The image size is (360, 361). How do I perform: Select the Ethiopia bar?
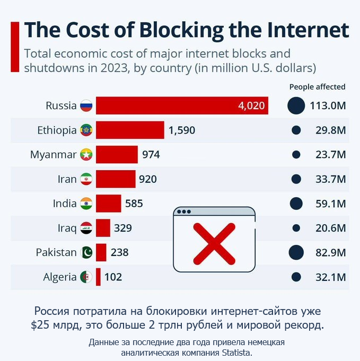tap(130, 130)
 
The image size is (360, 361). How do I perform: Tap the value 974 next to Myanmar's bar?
tap(151, 154)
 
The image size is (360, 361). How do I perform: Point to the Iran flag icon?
tap(86, 179)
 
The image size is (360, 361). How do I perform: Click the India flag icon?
tap(86, 204)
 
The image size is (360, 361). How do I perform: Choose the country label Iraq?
tap(67, 228)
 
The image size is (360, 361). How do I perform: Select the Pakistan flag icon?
tap(86, 252)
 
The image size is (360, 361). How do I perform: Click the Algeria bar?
tap(98, 277)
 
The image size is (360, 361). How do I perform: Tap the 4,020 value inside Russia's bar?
tap(251, 105)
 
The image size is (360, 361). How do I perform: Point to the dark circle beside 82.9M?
tap(296, 252)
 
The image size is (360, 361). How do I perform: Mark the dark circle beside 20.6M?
tap(296, 228)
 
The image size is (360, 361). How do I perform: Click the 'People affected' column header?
tap(317, 87)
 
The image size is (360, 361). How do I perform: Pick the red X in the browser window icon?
tap(214, 243)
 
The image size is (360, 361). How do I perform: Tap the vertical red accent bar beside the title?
tap(15, 47)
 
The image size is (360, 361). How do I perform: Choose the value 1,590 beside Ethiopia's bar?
tap(182, 130)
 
